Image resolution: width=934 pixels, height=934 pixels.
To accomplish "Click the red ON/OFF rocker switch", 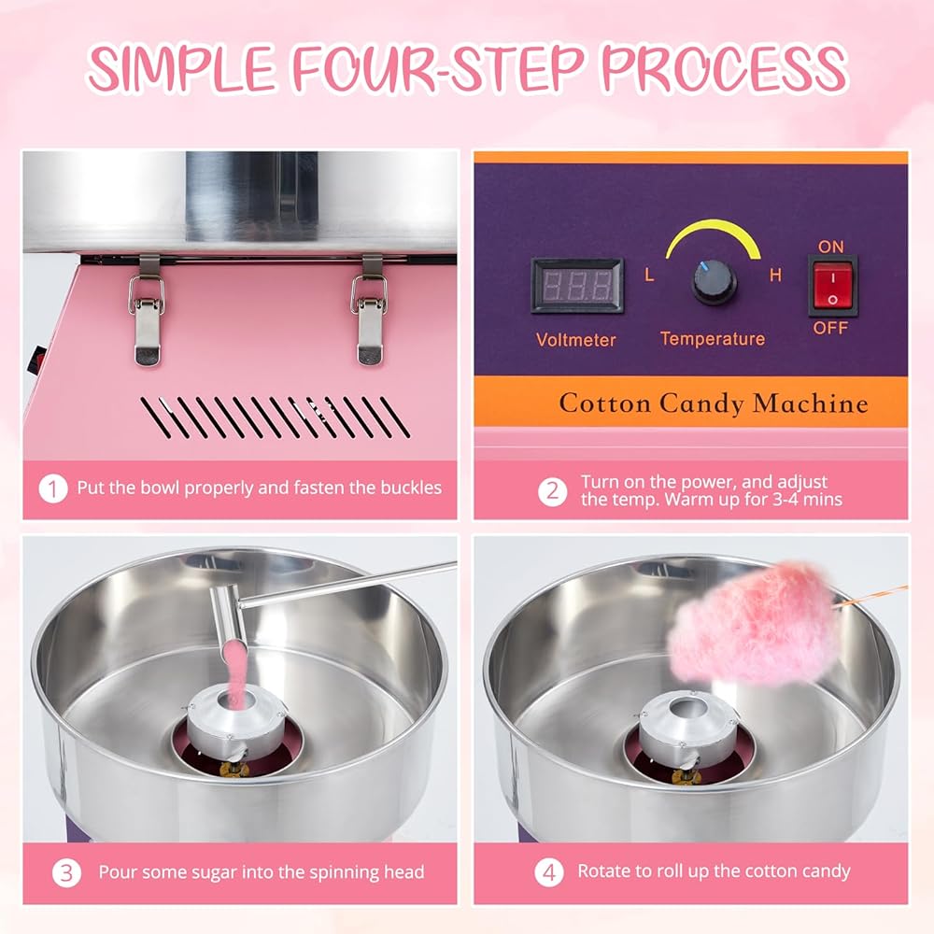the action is pyautogui.click(x=832, y=287).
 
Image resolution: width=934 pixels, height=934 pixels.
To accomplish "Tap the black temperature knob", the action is pyautogui.click(x=714, y=282).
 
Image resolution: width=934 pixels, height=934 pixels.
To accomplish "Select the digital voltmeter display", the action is pyautogui.click(x=577, y=286).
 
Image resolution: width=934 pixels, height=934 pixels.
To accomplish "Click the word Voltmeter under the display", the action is pyautogui.click(x=575, y=340).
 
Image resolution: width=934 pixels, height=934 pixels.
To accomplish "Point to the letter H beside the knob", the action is pyautogui.click(x=775, y=276).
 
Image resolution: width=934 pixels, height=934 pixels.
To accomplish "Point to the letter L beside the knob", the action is pyautogui.click(x=649, y=276).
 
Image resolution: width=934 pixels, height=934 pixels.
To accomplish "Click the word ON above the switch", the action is pyautogui.click(x=830, y=247).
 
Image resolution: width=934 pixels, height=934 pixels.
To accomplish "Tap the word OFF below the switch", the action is pyautogui.click(x=830, y=328).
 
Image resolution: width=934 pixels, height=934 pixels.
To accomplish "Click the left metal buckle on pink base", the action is pyautogui.click(x=146, y=310).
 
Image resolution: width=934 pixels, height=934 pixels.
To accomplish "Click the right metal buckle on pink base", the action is pyautogui.click(x=370, y=310).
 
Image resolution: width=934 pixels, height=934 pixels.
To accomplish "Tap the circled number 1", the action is pyautogui.click(x=53, y=488).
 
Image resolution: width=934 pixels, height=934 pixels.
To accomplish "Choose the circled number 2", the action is pyautogui.click(x=552, y=491).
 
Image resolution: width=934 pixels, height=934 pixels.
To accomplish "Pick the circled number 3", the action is pyautogui.click(x=66, y=872).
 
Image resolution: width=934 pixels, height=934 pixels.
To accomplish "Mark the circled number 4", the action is pyautogui.click(x=548, y=872).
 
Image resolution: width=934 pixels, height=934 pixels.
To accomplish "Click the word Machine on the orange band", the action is pyautogui.click(x=810, y=403).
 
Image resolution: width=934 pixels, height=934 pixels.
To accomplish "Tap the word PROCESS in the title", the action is pyautogui.click(x=724, y=67).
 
